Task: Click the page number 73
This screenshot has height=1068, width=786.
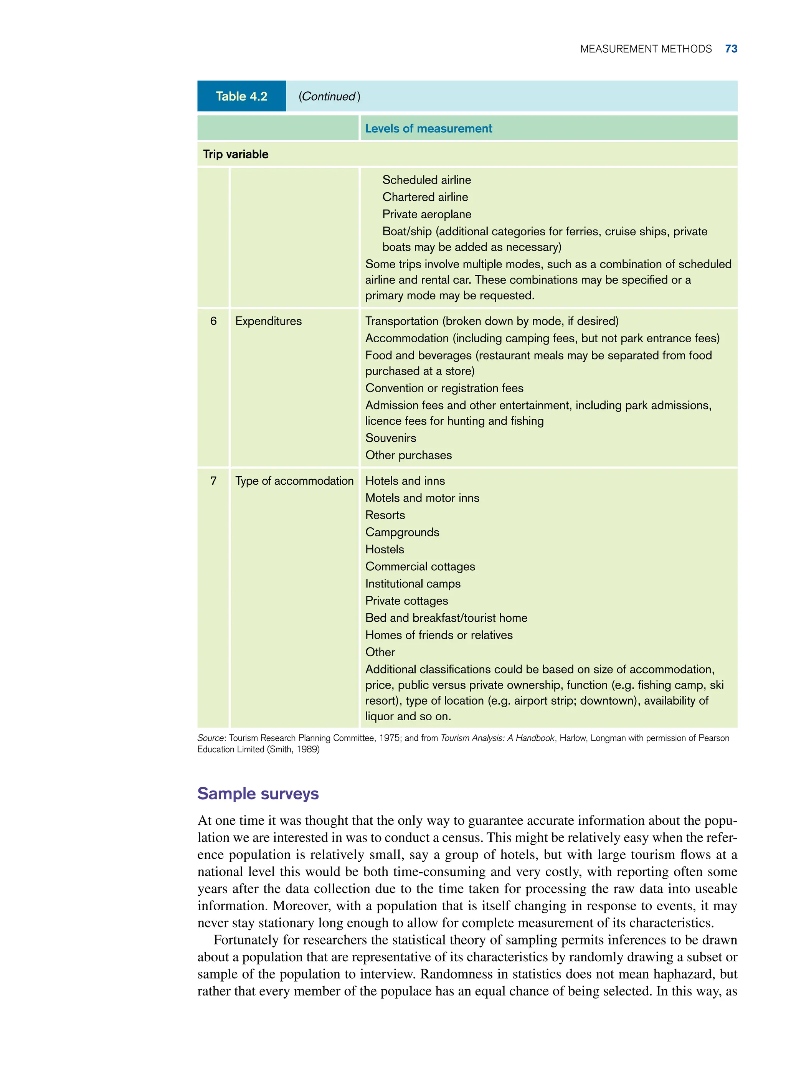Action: [731, 49]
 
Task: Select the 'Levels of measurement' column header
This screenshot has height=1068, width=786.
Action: [428, 129]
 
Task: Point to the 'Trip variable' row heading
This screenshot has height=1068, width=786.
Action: [236, 154]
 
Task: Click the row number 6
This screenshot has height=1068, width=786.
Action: [213, 321]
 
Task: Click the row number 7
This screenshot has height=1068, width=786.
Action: [213, 481]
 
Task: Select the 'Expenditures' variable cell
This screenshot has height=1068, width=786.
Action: [268, 321]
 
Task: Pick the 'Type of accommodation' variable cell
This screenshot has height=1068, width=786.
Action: [294, 481]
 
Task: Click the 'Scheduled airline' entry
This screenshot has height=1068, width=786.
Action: [426, 180]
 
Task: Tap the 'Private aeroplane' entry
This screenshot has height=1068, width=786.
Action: [426, 214]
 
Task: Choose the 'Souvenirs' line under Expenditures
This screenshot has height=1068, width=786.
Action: [391, 438]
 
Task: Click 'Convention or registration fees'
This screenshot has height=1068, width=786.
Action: [444, 388]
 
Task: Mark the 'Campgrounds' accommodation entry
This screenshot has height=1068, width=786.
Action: [402, 532]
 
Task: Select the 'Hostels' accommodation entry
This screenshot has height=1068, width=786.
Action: [385, 550]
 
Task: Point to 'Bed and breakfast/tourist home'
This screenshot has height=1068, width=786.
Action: [446, 618]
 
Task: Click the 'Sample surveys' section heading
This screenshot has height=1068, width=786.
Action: [258, 794]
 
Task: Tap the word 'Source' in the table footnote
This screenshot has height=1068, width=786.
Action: [210, 738]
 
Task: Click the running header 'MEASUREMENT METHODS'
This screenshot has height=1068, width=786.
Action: [646, 49]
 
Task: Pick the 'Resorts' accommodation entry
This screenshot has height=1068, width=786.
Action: [385, 515]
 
